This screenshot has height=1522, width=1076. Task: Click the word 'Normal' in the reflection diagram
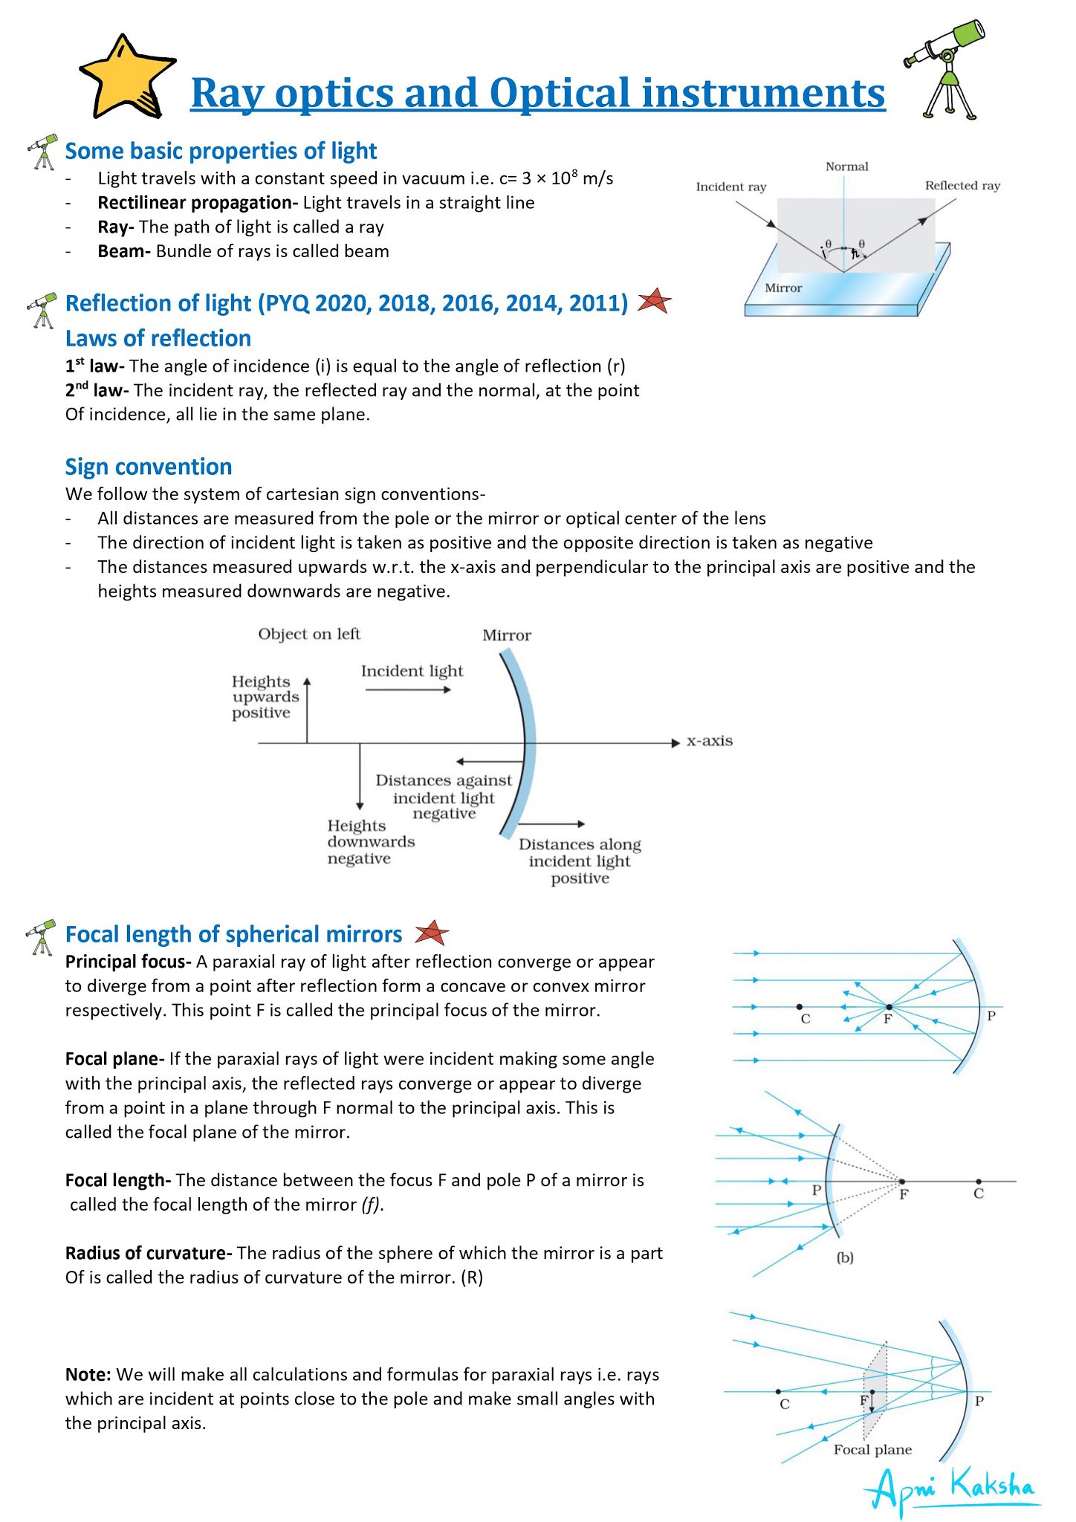(846, 166)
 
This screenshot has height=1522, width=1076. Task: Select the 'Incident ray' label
(730, 187)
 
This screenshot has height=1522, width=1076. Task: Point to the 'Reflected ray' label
(962, 185)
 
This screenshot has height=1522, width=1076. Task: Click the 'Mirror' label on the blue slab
(783, 288)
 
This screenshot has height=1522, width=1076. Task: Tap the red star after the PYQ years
(654, 301)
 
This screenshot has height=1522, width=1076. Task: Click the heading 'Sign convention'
(149, 467)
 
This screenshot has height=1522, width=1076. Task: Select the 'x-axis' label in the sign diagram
(709, 741)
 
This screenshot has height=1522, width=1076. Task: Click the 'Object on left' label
(309, 634)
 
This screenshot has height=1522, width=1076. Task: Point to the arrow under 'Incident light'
(408, 690)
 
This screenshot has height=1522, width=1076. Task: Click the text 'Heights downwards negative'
(370, 842)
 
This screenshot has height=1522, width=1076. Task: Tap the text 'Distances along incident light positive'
(580, 861)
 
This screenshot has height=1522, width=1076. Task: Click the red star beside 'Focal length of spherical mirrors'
(431, 933)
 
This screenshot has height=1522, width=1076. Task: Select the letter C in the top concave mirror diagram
(805, 1019)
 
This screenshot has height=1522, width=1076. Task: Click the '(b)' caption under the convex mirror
(844, 1258)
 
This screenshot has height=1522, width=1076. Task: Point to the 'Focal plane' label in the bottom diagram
(872, 1449)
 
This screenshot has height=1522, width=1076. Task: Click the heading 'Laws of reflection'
(158, 338)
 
